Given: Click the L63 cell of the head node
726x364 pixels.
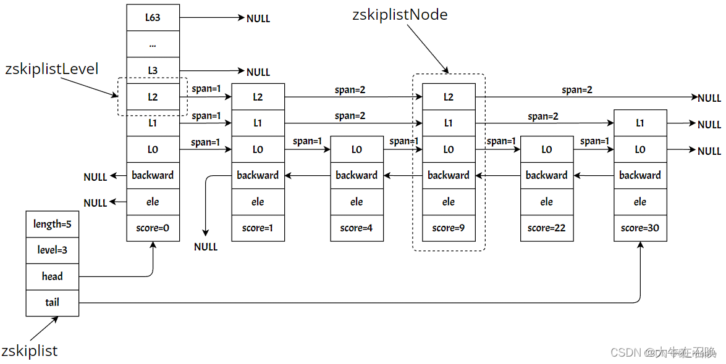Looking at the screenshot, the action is pos(153,17).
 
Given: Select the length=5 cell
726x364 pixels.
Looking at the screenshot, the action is pos(53,225).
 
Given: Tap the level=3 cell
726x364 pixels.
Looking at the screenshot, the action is pos(53,250).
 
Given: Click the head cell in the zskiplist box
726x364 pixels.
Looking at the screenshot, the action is pos(53,277).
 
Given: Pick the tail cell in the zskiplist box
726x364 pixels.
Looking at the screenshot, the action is pos(53,303).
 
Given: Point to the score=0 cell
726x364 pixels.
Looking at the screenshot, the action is pos(153,228).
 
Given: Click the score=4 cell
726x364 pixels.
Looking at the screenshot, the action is pos(357,228).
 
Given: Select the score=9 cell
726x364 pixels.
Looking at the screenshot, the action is pos(449,228).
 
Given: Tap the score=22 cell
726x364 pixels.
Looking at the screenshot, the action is pos(547,228).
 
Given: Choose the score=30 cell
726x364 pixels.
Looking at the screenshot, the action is pos(640,228).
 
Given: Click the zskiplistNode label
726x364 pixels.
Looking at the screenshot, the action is pos(400,15).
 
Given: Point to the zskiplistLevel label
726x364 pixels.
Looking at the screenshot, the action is pos(52,69).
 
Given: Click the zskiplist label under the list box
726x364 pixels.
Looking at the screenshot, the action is pos(30,350).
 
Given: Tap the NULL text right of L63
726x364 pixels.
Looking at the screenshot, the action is pos(258,19).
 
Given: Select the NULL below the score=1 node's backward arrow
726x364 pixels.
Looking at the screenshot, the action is pos(206,247).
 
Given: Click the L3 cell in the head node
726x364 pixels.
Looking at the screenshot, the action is pos(153,70).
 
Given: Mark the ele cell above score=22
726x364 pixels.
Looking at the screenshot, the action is pos(547,202).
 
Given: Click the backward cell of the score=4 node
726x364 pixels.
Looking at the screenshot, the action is pos(357,175).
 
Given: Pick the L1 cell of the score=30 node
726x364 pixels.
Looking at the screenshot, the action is pos(640,123).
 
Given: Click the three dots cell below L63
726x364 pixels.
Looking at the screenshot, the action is pos(153,44).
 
